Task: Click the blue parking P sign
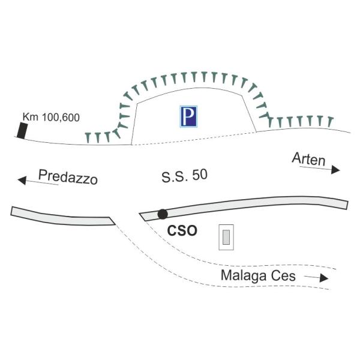click(x=189, y=116)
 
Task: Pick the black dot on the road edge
click(x=162, y=214)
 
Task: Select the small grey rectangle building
click(x=226, y=238)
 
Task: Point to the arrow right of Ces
click(x=317, y=278)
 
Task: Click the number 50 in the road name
click(x=200, y=177)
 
